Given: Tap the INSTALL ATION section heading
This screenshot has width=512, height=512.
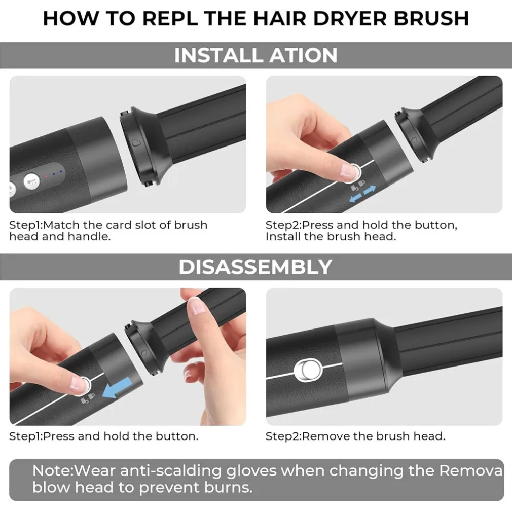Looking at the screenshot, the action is tap(255, 55).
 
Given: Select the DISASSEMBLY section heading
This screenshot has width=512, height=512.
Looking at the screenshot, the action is tap(255, 267).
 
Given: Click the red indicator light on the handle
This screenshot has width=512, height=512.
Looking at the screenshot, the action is tap(46, 176).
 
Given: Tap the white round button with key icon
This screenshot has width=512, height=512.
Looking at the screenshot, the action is tap(31, 180).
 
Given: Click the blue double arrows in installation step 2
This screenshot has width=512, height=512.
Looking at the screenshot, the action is tap(362, 194).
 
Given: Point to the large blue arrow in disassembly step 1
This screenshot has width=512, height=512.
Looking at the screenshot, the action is tap(117, 388).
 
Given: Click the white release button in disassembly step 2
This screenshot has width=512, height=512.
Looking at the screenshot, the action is tap(308, 370).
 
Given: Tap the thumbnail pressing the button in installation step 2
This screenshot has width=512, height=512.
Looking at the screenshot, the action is tap(347, 171).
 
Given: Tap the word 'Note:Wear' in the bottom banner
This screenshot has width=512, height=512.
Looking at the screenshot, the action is tap(74, 471).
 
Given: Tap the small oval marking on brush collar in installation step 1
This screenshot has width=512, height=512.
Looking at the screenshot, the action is tap(135, 143).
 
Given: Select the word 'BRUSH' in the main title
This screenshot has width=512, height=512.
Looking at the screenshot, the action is tap(432, 18).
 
